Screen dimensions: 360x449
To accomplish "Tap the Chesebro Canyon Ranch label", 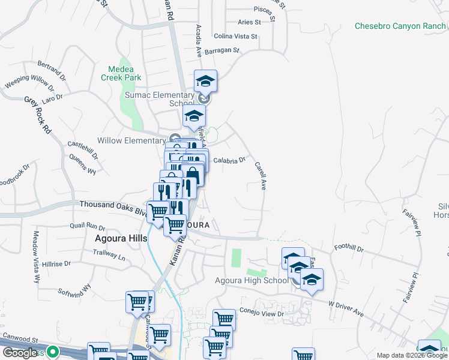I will point(400,26).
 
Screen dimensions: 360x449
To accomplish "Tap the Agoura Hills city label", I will point(121,238).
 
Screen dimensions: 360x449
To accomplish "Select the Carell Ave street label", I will point(261,175).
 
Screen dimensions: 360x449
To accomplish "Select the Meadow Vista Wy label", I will point(36,257).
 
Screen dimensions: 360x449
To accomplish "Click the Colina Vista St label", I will point(235,36).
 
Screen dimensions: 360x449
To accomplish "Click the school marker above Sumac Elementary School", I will point(205,82).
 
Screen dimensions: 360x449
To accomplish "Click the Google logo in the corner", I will point(19,353).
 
